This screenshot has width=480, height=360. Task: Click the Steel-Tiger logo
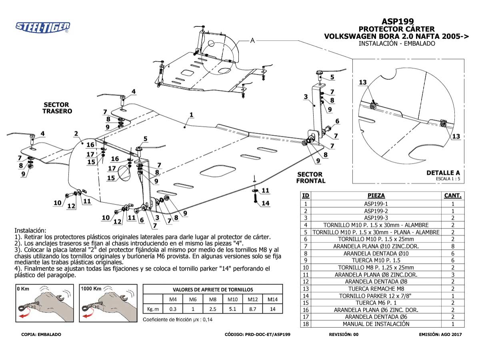pyautogui.click(x=43, y=27)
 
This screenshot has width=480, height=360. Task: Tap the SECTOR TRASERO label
pyautogui.click(x=57, y=108)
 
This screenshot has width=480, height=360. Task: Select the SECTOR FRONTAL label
pyautogui.click(x=310, y=178)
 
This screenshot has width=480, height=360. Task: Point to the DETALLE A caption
pyautogui.click(x=443, y=173)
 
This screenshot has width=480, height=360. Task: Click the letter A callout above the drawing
pyautogui.click(x=252, y=40)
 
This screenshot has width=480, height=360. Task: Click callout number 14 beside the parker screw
pyautogui.click(x=265, y=204)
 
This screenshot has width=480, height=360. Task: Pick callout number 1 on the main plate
pyautogui.click(x=192, y=115)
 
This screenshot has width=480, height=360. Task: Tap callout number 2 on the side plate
pyautogui.click(x=76, y=133)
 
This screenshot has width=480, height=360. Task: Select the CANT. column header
pyautogui.click(x=453, y=196)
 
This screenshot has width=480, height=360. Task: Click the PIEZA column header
pyautogui.click(x=376, y=196)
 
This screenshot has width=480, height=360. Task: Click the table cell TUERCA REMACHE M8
pyautogui.click(x=376, y=288)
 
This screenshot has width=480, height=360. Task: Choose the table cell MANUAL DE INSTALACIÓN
pyautogui.click(x=376, y=324)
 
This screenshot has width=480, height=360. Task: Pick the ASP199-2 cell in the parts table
pyautogui.click(x=376, y=211)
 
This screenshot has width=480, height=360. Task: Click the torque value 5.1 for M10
pyautogui.click(x=233, y=309)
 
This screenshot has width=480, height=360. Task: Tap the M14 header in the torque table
pyautogui.click(x=272, y=299)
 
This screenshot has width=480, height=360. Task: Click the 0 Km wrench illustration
pyautogui.click(x=44, y=304)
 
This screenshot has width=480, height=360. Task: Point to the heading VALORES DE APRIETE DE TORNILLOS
pyautogui.click(x=213, y=290)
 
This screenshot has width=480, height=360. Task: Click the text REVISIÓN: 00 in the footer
pyautogui.click(x=344, y=334)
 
